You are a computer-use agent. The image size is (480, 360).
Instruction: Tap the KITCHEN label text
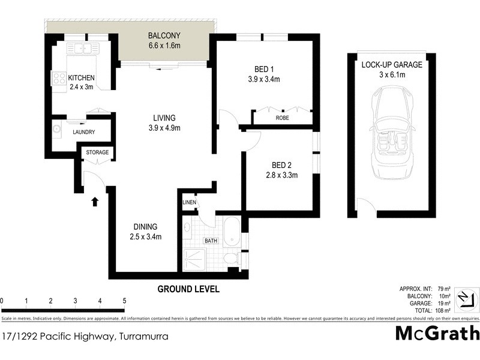click(82, 78)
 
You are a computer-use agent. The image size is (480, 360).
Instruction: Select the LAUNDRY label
click(84, 132)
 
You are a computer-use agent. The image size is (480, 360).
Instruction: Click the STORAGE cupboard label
click(97, 152)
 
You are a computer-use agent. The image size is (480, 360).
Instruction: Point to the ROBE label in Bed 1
click(282, 118)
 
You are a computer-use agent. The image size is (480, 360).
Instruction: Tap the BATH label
click(211, 241)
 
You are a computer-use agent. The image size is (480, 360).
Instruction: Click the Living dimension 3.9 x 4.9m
click(164, 128)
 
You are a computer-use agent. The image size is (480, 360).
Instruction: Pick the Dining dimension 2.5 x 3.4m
click(145, 236)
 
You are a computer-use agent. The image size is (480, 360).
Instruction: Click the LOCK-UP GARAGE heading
click(392, 65)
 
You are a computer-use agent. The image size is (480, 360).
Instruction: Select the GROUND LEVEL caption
click(188, 289)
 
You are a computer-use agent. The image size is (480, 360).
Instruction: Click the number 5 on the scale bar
click(124, 301)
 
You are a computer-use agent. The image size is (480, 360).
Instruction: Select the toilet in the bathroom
click(230, 259)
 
